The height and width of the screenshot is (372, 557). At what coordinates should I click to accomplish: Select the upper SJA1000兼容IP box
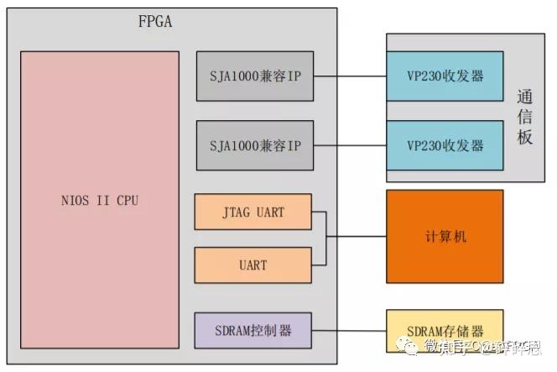(255, 76)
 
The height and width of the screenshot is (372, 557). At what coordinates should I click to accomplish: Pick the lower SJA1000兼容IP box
(255, 145)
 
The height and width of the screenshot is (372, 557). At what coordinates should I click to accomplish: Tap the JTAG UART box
(252, 212)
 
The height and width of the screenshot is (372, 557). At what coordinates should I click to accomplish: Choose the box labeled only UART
(252, 265)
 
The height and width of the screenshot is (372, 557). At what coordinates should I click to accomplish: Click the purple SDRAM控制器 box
(252, 330)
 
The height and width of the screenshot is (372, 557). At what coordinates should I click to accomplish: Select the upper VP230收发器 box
(445, 76)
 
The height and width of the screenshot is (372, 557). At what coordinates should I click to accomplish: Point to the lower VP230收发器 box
(445, 145)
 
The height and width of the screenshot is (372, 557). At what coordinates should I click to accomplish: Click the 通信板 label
(525, 117)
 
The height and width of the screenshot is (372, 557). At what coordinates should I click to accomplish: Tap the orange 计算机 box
(445, 236)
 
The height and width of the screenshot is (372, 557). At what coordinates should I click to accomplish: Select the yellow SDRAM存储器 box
(445, 330)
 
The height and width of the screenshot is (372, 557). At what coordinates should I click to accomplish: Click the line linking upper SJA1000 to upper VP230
(349, 76)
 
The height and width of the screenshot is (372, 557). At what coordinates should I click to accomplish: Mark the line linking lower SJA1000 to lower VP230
(349, 145)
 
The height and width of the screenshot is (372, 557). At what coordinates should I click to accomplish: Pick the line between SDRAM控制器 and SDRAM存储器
(349, 330)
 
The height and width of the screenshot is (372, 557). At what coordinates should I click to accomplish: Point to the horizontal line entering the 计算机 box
(356, 236)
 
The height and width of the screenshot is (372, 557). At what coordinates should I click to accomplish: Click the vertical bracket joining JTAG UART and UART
(325, 238)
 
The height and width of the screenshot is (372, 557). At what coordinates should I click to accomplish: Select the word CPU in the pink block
(126, 201)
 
